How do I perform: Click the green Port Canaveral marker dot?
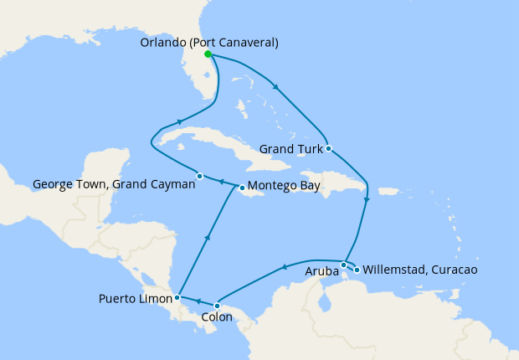tap(208, 54)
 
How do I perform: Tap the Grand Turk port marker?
tap(329, 148)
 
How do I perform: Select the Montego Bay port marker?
tap(240, 187)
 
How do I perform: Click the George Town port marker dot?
tap(199, 176)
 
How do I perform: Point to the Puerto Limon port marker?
tap(177, 296)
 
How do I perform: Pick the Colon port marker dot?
tap(217, 305)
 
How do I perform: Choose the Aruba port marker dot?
tap(344, 265)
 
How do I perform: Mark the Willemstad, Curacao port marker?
tap(357, 270)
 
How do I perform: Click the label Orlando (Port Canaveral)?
tap(210, 42)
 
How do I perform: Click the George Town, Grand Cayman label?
tap(114, 184)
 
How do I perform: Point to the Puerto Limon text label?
tap(134, 298)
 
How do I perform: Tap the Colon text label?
tap(218, 318)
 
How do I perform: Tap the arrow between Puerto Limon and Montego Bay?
tap(206, 239)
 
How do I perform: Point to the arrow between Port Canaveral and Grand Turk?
tap(275, 85)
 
